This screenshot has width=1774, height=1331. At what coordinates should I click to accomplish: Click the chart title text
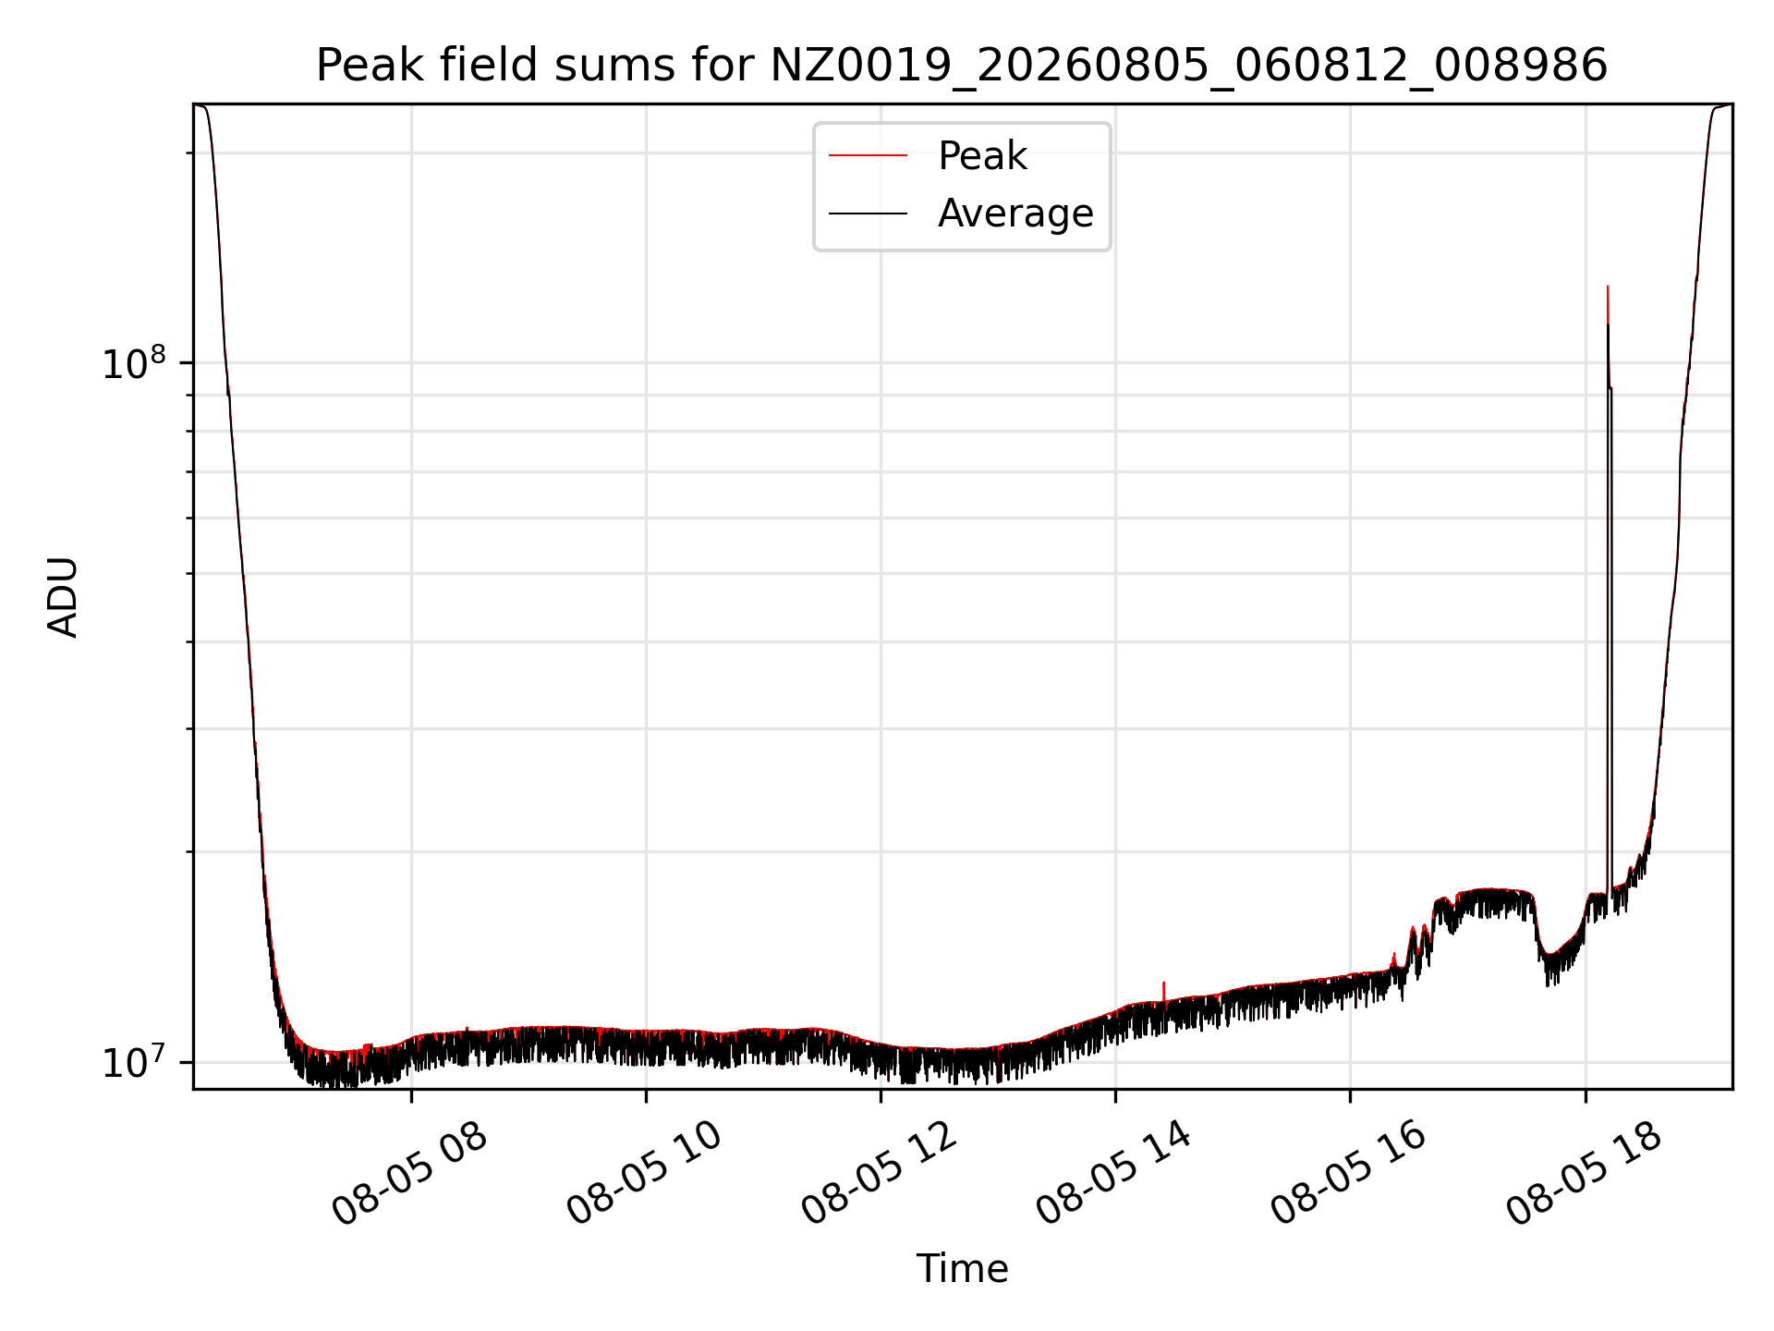point(962,66)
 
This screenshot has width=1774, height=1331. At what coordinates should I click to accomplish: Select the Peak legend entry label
point(982,156)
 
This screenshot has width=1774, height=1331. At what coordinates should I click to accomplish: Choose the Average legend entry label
point(1015,214)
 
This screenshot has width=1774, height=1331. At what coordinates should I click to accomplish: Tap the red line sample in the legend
point(868,156)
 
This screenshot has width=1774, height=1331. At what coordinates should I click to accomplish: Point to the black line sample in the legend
point(868,214)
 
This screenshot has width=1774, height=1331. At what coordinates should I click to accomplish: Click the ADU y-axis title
point(63,597)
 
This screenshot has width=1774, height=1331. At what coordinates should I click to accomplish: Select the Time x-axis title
point(962,1268)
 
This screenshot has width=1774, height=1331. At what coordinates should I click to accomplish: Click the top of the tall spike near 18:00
point(1608,287)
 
